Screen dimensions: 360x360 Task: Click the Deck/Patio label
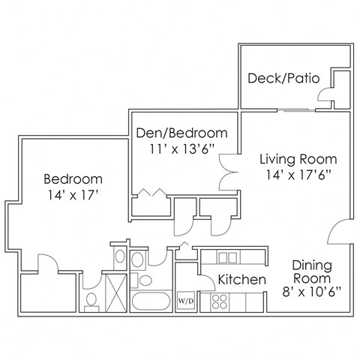pos(283,77)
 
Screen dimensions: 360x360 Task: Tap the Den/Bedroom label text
pos(181,133)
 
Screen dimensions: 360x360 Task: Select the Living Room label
pos(298,159)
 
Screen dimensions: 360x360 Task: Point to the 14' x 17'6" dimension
pos(298,175)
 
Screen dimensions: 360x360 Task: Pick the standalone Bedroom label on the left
pos(72,179)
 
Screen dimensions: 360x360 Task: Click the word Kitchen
pos(242,280)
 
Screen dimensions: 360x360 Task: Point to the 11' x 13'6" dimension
pos(181,149)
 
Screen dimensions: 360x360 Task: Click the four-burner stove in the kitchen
pos(220,301)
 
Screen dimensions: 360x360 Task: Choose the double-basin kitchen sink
pos(228,257)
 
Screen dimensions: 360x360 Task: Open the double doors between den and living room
pos(228,172)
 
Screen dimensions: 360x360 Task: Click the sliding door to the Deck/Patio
pos(296,110)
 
